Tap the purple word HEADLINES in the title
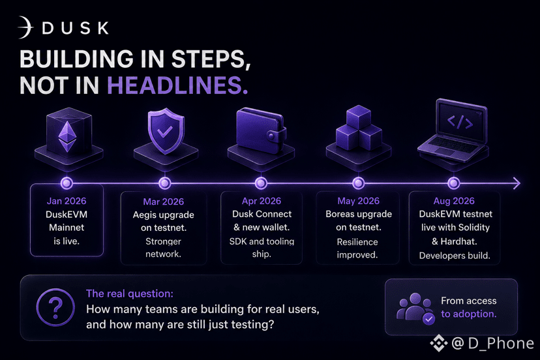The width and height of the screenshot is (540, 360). click(x=177, y=85)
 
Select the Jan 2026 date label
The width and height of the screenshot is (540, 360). click(x=67, y=201)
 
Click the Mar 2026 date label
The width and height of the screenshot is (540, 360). click(x=164, y=202)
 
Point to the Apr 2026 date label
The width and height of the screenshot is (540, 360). click(x=262, y=201)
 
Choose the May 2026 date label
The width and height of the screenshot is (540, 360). click(x=359, y=201)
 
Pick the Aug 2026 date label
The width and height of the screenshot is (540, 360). click(x=454, y=201)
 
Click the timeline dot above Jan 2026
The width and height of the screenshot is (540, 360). click(x=67, y=183)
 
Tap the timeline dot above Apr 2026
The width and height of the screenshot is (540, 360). click(x=261, y=183)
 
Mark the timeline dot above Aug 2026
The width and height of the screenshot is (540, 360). click(x=453, y=183)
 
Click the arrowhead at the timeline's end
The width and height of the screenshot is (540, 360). click(x=517, y=183)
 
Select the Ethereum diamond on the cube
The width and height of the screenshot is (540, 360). click(x=68, y=137)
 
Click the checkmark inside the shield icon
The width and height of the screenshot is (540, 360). click(x=165, y=131)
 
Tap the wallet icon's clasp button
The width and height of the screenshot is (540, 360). click(x=271, y=136)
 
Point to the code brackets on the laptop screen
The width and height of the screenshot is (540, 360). click(x=460, y=122)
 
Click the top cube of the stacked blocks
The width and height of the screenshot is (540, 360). click(x=359, y=117)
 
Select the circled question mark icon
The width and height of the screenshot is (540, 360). click(x=55, y=307)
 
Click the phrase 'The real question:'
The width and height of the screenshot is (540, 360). click(x=130, y=293)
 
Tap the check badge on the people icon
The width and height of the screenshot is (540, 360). click(x=428, y=319)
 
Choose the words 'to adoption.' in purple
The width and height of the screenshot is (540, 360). click(x=469, y=314)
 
